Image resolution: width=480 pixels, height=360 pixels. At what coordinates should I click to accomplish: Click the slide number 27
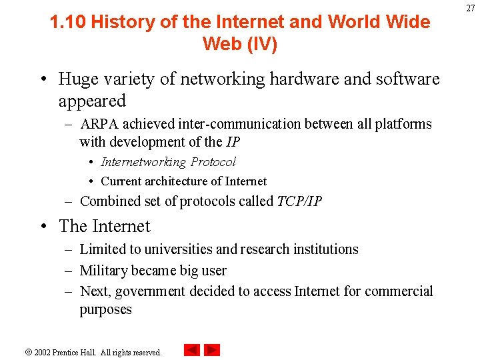coord(470,7)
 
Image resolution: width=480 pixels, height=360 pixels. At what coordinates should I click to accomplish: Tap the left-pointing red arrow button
coord(192,350)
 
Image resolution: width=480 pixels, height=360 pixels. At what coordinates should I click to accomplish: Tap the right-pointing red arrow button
coord(212,350)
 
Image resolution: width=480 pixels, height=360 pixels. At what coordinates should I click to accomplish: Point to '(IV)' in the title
coord(260,44)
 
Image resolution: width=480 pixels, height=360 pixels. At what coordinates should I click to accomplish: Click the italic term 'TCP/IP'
coord(299,201)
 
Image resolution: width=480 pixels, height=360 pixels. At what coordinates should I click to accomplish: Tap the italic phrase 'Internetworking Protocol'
coord(168,162)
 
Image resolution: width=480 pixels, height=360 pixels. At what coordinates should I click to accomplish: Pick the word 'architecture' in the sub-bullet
coord(177,181)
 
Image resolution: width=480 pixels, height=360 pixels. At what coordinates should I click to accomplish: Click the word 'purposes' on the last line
coord(105,310)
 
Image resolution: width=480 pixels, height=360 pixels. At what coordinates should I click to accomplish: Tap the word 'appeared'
coord(92,101)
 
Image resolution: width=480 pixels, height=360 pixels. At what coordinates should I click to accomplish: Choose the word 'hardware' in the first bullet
coord(307,79)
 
